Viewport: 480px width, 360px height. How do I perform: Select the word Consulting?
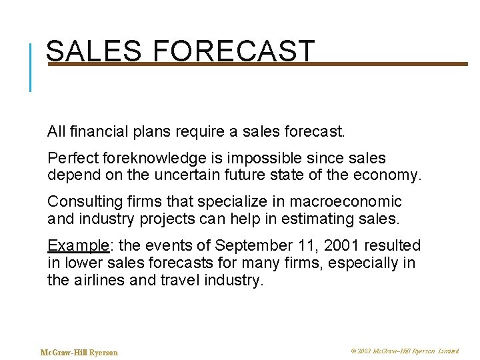click(81, 202)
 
